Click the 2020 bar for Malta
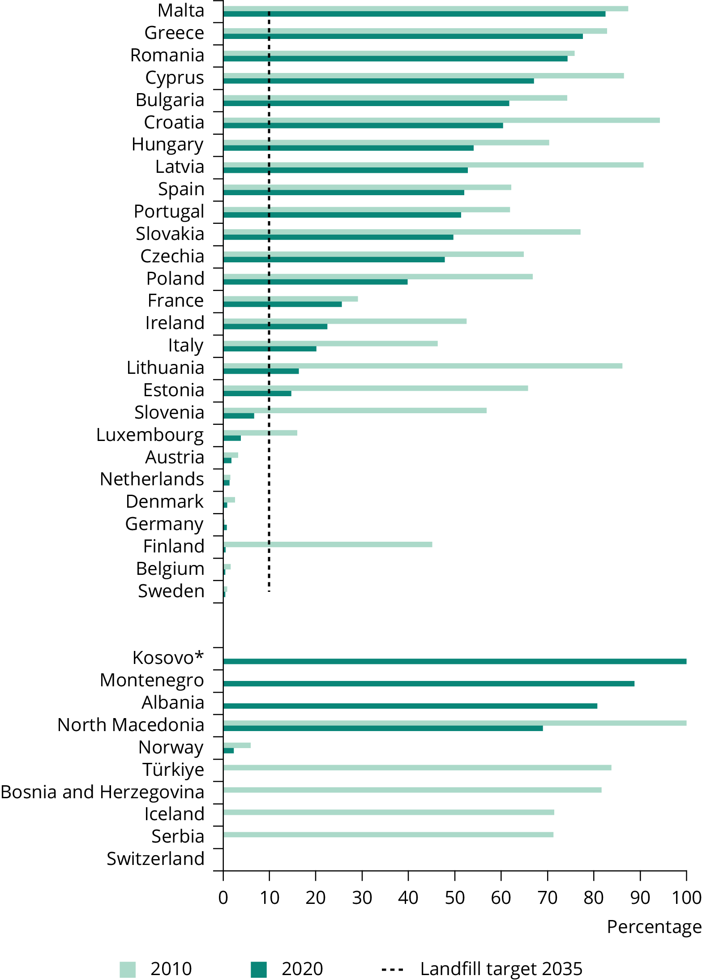coord(414,14)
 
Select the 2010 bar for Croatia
coord(441,120)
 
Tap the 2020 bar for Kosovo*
coord(454,661)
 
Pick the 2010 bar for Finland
coord(327,544)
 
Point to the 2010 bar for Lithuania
coord(422,366)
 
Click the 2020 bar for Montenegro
coord(428,684)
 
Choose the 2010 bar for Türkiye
coord(417,768)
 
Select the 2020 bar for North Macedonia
coord(383,728)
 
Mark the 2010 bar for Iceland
coord(388,812)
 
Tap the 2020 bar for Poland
coord(315,282)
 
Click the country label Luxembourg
coord(150,435)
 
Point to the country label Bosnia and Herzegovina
coord(103,792)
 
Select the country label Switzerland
coord(155,859)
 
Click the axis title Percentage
coord(654,926)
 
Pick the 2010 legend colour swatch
coord(128,969)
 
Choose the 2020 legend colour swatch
coord(259,969)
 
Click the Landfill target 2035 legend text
coord(501,969)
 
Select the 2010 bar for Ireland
coord(345,321)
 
